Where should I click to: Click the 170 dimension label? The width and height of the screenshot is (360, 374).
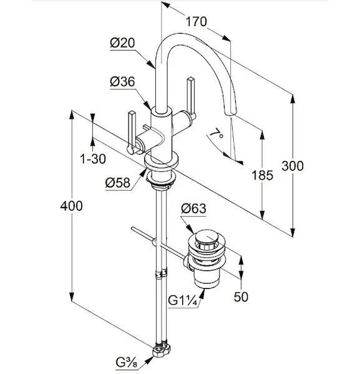coord(197,21)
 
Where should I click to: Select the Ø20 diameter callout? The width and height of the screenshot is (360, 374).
coord(122,43)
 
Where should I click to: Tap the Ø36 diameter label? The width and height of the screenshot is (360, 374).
coord(122,82)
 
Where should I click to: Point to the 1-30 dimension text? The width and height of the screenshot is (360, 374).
coord(93,158)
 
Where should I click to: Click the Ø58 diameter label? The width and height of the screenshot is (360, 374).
coord(118,183)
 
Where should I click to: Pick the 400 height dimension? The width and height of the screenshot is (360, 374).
coord(71,206)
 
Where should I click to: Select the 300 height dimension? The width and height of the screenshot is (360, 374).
coord(293,166)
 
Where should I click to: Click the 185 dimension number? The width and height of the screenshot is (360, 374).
coord(262,175)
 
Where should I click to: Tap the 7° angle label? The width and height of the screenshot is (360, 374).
coord(216,134)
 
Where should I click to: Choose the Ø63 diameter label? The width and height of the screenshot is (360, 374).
coord(193,208)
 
